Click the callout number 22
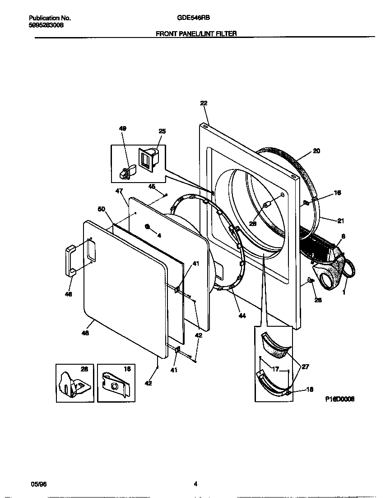click(203, 103)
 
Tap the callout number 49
click(122, 129)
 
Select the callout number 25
click(162, 132)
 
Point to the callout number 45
click(152, 187)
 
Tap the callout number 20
click(316, 151)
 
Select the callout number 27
click(305, 367)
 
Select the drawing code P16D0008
click(339, 399)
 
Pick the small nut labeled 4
click(147, 226)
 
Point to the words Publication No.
click(50, 18)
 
